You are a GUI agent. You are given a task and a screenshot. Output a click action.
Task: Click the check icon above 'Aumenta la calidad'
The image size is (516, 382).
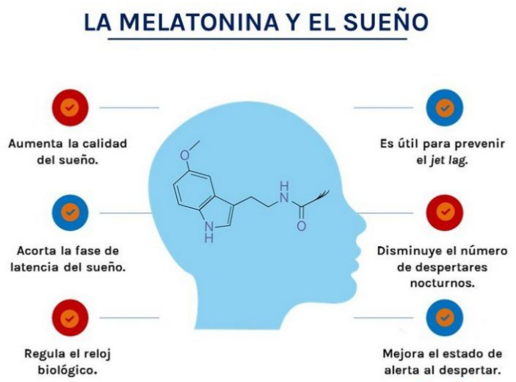click(x=70, y=107)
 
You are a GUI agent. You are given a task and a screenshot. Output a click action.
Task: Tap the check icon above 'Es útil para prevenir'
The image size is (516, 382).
click(x=445, y=107)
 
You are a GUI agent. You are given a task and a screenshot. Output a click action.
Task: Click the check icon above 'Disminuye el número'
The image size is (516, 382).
click(x=445, y=213)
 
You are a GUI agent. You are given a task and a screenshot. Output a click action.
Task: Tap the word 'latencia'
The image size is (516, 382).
click(x=32, y=265)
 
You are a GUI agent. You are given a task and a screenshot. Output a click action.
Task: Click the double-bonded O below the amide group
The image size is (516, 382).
click(x=301, y=227)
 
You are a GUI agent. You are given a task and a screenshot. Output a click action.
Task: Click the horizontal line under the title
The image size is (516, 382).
click(x=257, y=38)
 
